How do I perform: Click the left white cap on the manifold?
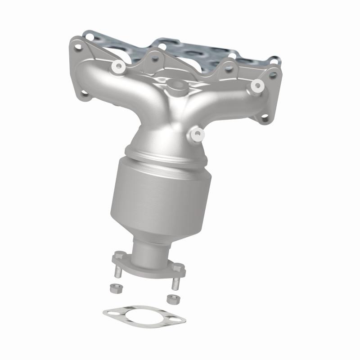(119, 67)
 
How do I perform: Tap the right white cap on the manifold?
(257, 85)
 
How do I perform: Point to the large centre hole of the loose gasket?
(143, 315)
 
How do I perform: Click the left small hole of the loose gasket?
(109, 311)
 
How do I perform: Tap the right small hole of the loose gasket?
(179, 321)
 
